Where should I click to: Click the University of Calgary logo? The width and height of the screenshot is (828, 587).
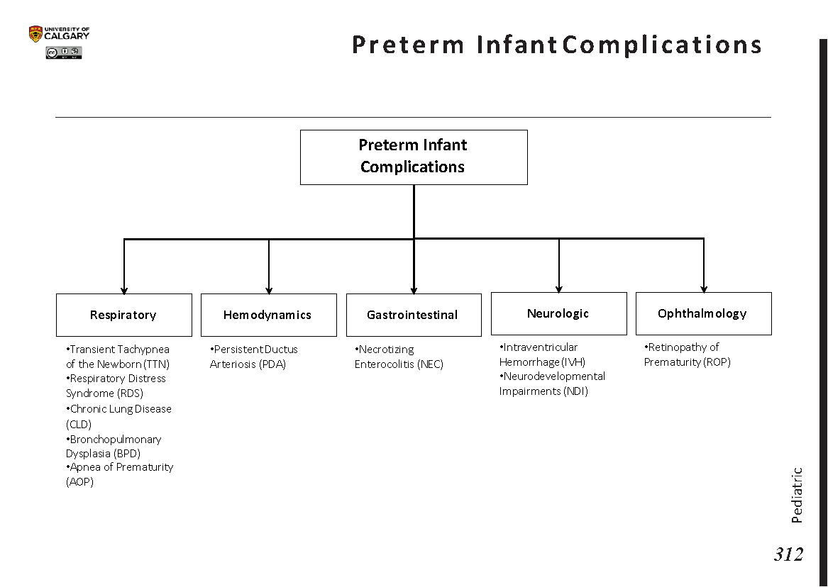pyautogui.click(x=59, y=34)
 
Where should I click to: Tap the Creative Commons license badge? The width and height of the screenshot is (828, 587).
pyautogui.click(x=64, y=52)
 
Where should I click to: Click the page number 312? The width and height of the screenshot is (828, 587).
pyautogui.click(x=788, y=554)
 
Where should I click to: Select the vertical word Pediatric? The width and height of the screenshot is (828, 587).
pyautogui.click(x=797, y=495)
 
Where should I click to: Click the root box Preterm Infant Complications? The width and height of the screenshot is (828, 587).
pyautogui.click(x=414, y=157)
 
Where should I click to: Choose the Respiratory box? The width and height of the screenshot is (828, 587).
pyautogui.click(x=123, y=315)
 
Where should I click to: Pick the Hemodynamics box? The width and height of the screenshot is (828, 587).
pyautogui.click(x=268, y=315)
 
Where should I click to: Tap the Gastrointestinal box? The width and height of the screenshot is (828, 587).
pyautogui.click(x=413, y=315)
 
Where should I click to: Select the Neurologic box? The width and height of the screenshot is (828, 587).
pyautogui.click(x=558, y=313)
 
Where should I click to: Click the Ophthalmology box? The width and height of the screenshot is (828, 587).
pyautogui.click(x=703, y=313)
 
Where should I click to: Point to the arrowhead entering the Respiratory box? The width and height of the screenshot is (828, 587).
pyautogui.click(x=124, y=290)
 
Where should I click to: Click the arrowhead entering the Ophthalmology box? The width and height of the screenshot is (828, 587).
pyautogui.click(x=704, y=289)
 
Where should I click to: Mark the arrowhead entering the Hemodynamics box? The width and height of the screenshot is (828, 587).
pyautogui.click(x=269, y=290)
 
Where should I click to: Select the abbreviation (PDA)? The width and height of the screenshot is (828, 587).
pyautogui.click(x=272, y=364)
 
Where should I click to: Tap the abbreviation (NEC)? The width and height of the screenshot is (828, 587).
pyautogui.click(x=429, y=364)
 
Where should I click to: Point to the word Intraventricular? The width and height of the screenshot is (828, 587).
pyautogui.click(x=540, y=347)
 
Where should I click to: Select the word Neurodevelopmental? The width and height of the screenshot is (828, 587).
pyautogui.click(x=554, y=376)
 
